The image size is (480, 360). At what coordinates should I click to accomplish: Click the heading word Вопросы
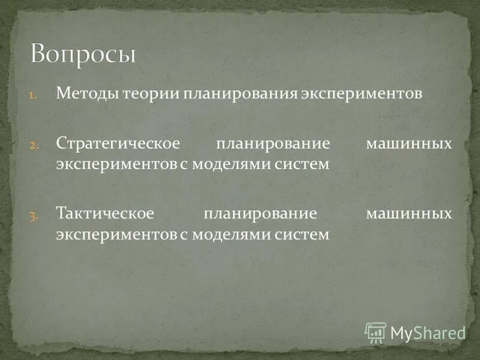83,55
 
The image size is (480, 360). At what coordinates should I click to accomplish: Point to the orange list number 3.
34,215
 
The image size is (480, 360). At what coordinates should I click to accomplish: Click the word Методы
87,94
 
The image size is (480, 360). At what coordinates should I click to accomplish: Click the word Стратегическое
118,145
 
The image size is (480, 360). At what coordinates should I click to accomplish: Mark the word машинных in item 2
409,145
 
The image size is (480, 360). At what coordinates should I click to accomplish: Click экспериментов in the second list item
116,164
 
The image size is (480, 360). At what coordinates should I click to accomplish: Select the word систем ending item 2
308,164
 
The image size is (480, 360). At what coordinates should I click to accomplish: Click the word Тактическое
106,214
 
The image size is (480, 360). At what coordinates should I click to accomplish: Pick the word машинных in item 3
409,214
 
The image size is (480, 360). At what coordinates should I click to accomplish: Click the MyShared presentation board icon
376,332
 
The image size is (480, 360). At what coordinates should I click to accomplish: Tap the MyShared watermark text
428,333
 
